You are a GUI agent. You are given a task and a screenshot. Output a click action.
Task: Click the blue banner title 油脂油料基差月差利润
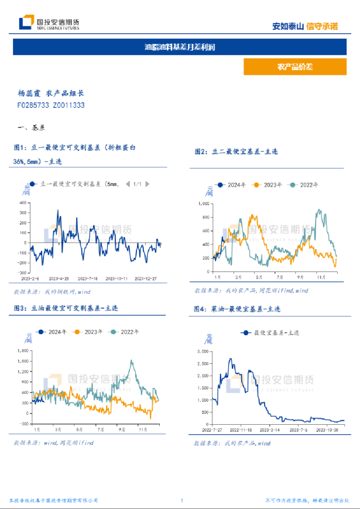pyautogui.click(x=180, y=47)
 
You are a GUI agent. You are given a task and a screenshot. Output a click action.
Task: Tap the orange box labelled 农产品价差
pyautogui.click(x=295, y=67)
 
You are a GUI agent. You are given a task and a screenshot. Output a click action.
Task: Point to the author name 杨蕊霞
pyautogui.click(x=29, y=93)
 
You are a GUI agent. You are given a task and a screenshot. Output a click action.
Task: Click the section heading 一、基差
pyautogui.click(x=32, y=127)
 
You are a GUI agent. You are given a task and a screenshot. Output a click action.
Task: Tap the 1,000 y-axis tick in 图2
pyautogui.click(x=202, y=204)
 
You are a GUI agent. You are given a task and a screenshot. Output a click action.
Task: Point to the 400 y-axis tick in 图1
pyautogui.click(x=23, y=202)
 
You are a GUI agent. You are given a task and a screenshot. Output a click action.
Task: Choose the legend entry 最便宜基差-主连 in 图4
pyautogui.click(x=272, y=332)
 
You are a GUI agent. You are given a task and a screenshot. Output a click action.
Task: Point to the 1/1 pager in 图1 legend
pyautogui.click(x=137, y=184)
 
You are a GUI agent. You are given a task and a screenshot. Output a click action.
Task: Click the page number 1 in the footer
pyautogui.click(x=182, y=501)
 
